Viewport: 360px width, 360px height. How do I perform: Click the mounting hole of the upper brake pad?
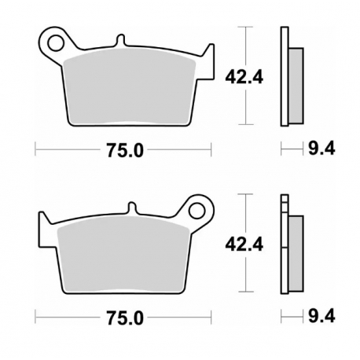54,39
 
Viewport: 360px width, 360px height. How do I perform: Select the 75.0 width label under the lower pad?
125,318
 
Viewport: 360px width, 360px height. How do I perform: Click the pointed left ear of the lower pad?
42,224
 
